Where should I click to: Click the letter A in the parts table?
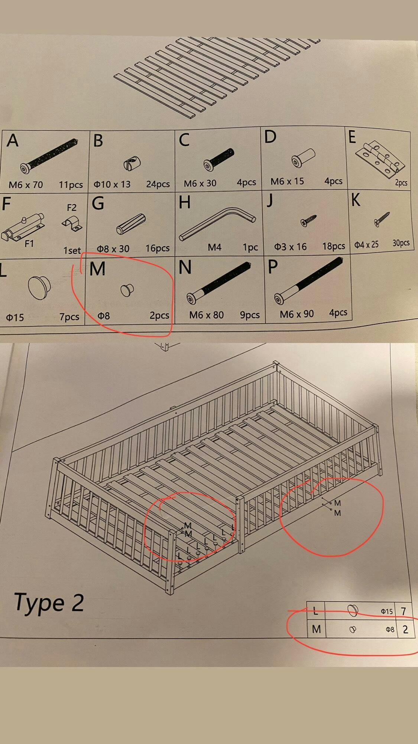(12, 141)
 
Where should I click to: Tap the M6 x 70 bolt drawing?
(49, 154)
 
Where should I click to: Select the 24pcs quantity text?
(158, 184)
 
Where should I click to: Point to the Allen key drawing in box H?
(217, 223)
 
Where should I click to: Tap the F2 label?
(71, 208)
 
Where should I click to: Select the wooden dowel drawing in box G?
(130, 224)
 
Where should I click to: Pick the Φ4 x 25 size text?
(366, 244)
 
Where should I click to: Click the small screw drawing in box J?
(308, 220)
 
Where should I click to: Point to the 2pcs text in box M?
(159, 315)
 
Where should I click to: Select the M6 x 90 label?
(297, 314)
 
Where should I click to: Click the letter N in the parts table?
(185, 267)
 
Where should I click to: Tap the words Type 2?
(49, 602)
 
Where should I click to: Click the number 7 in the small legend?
(404, 611)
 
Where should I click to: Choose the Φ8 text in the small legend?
(390, 629)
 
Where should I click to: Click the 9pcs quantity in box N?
(250, 315)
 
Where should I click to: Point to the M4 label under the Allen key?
(214, 247)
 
